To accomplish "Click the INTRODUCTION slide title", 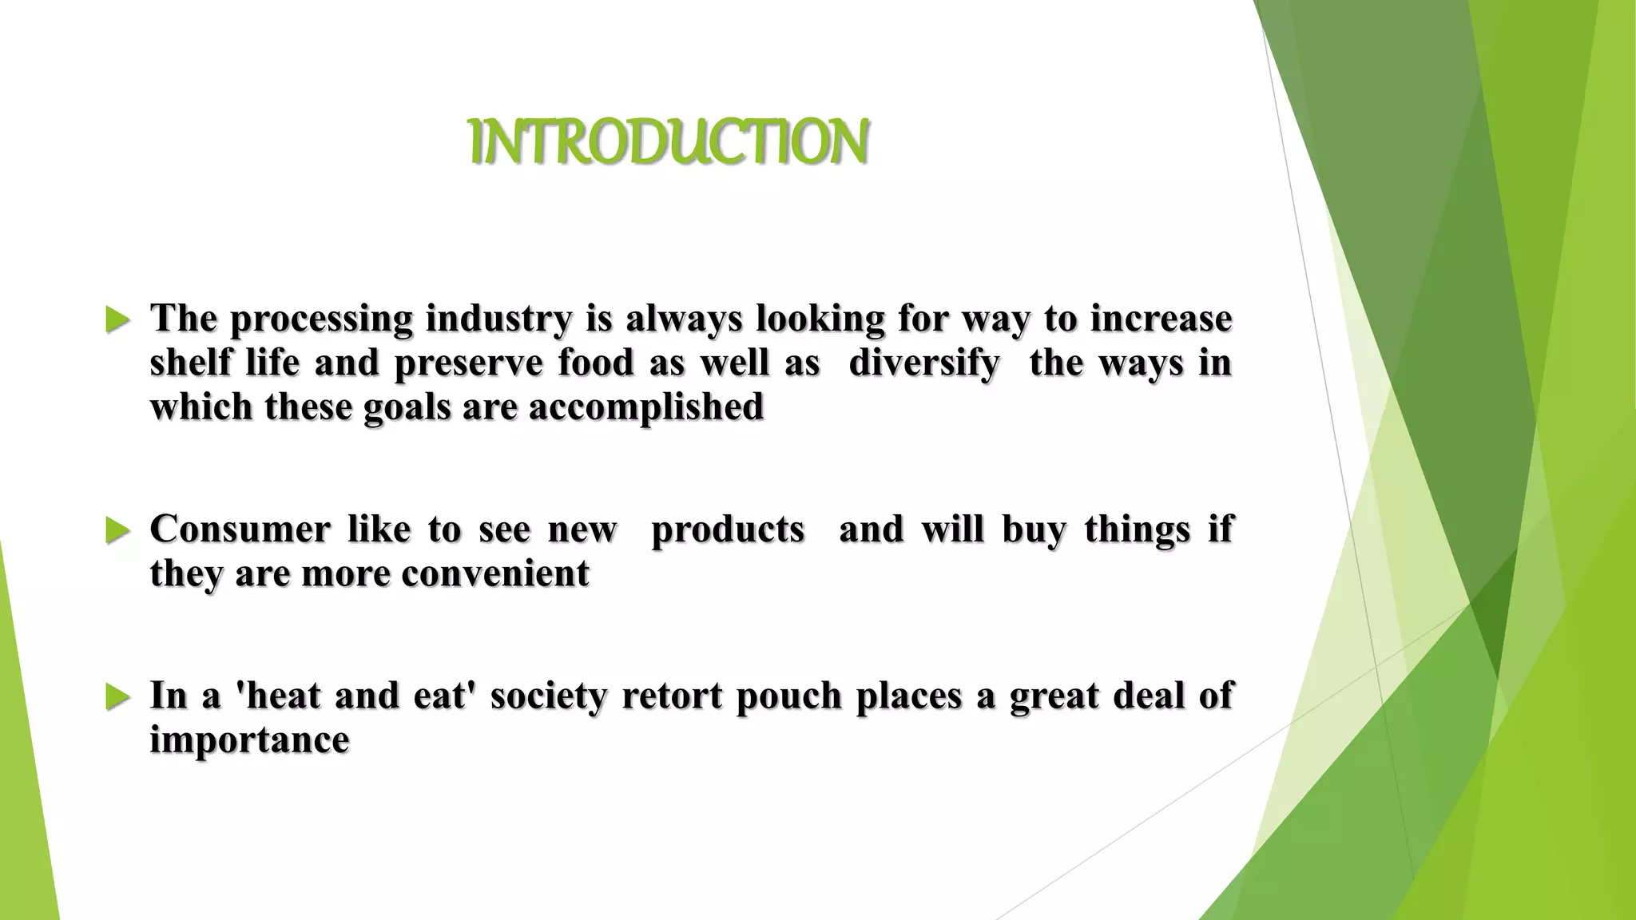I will click(x=669, y=142).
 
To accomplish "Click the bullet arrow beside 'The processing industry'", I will click(x=117, y=321).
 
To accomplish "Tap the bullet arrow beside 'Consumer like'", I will click(x=117, y=531).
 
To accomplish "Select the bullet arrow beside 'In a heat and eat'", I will click(x=117, y=697).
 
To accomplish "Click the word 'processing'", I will click(x=321, y=319).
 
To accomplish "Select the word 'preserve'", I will click(x=467, y=363).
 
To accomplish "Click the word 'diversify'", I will click(x=923, y=363).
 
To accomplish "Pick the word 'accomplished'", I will click(x=646, y=407).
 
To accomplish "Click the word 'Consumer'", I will click(x=240, y=529).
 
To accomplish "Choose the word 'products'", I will click(x=728, y=529).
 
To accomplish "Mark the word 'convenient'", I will click(x=495, y=573).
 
